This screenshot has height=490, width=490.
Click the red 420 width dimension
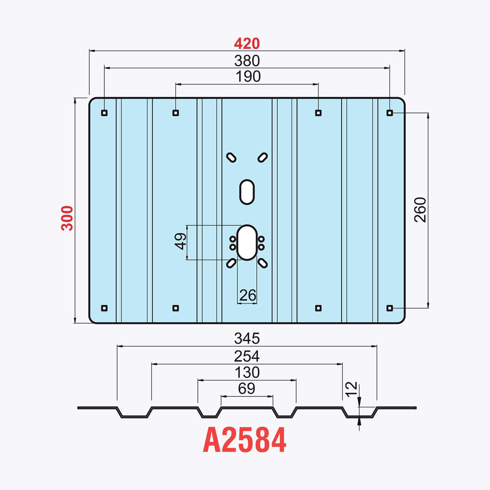tap(247, 44)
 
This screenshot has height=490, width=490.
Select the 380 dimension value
tap(247, 61)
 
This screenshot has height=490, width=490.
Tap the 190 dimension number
tap(248, 76)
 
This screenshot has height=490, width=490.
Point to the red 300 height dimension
tap(67, 218)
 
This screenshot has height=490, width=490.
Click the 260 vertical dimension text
tap(420, 209)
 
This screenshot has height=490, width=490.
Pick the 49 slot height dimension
tap(180, 241)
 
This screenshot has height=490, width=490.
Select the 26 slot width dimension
tap(247, 295)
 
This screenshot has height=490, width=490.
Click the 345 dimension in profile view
tap(247, 338)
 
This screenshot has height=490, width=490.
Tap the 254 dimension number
tap(247, 356)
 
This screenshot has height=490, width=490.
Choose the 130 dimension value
tap(247, 372)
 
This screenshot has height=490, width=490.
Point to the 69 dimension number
tap(247, 388)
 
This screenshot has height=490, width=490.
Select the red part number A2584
tap(245, 440)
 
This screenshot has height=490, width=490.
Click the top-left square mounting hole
tap(104, 113)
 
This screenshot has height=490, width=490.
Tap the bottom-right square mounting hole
tap(389, 308)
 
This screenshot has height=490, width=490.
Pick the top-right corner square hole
tap(389, 113)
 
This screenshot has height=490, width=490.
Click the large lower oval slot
tap(247, 242)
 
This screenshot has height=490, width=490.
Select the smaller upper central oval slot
tap(247, 192)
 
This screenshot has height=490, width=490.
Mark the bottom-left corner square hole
tap(104, 308)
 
